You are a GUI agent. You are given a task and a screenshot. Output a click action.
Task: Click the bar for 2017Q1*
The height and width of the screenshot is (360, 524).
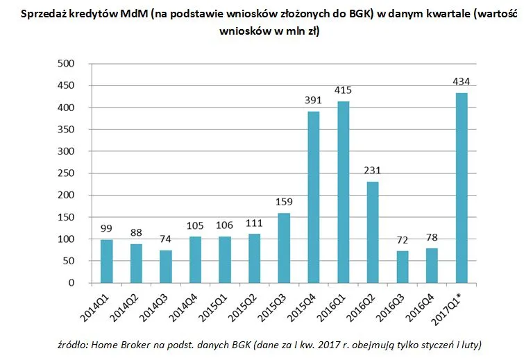(x=462, y=187)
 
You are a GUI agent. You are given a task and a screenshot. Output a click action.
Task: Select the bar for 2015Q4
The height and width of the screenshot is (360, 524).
(x=314, y=197)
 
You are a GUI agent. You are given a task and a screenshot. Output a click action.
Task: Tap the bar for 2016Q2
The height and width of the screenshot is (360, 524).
(x=373, y=232)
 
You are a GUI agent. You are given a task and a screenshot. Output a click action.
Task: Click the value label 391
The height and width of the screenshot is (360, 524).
(x=314, y=101)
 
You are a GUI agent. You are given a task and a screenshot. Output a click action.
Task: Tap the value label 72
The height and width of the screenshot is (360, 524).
(x=403, y=241)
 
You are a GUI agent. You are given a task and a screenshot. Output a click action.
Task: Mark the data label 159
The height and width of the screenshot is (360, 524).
(x=285, y=203)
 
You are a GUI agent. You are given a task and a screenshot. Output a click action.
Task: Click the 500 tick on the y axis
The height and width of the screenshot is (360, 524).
(x=67, y=64)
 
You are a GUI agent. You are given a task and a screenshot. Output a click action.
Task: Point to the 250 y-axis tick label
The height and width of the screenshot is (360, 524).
(x=67, y=173)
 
